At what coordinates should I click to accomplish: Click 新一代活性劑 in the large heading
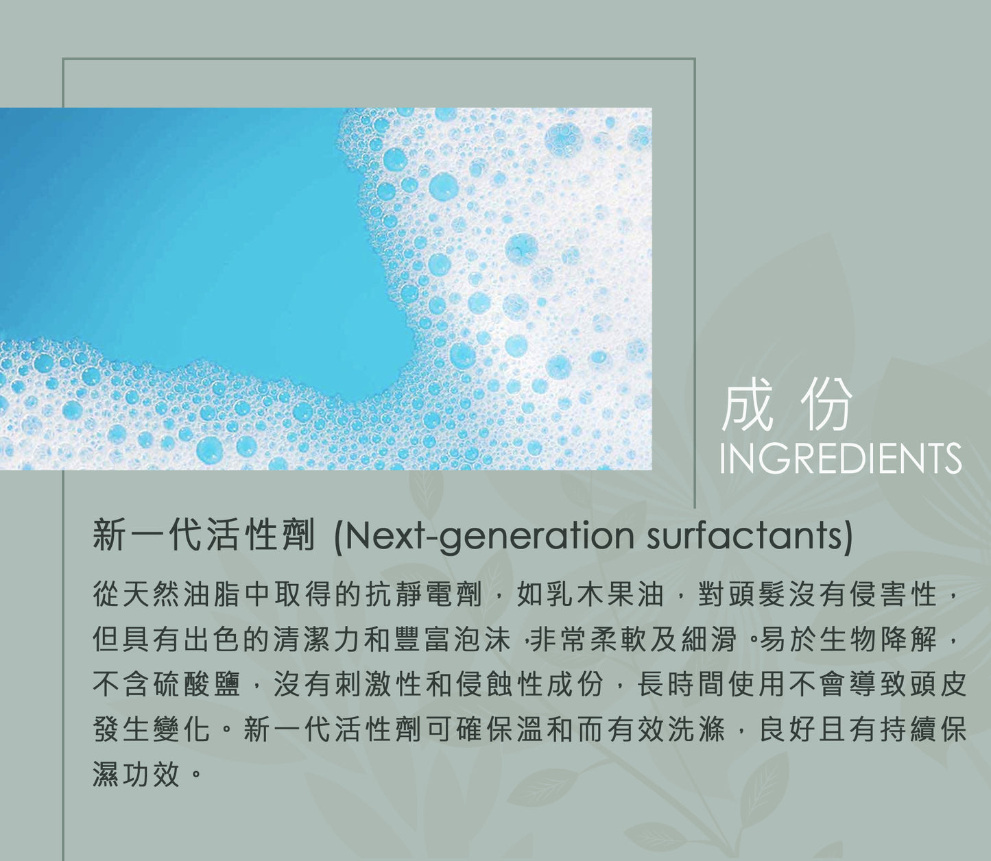click(204, 535)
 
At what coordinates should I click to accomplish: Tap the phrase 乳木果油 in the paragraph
click(605, 594)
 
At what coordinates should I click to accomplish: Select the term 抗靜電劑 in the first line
click(424, 594)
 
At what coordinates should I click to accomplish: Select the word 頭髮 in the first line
click(756, 594)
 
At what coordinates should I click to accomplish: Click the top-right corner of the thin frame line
click(695, 59)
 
